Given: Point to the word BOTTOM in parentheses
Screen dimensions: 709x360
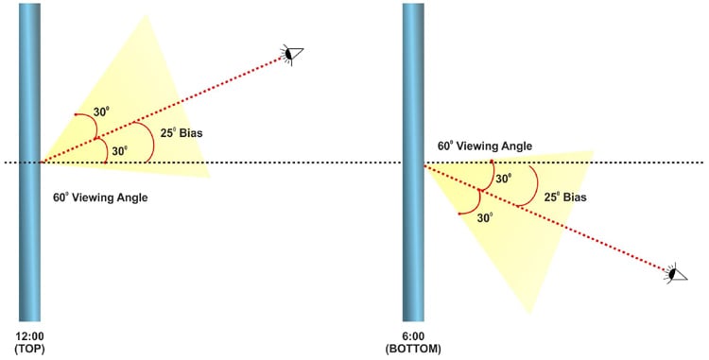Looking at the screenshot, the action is [414, 349].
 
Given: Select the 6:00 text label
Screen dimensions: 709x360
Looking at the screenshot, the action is [414, 336].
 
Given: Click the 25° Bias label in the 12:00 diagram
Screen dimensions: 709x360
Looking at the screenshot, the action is [182, 132].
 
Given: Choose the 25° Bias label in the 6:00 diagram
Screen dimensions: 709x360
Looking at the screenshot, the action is [564, 198].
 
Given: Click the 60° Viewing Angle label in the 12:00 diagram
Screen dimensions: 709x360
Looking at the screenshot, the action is [101, 198].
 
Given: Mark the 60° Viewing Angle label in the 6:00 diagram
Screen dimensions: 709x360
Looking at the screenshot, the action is [484, 146].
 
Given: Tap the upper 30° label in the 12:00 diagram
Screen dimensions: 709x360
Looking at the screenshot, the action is [104, 111].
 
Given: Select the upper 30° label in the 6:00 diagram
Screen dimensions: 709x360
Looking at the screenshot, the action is [504, 177].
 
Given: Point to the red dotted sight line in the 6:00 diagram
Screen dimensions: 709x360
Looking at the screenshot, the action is [567, 227].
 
